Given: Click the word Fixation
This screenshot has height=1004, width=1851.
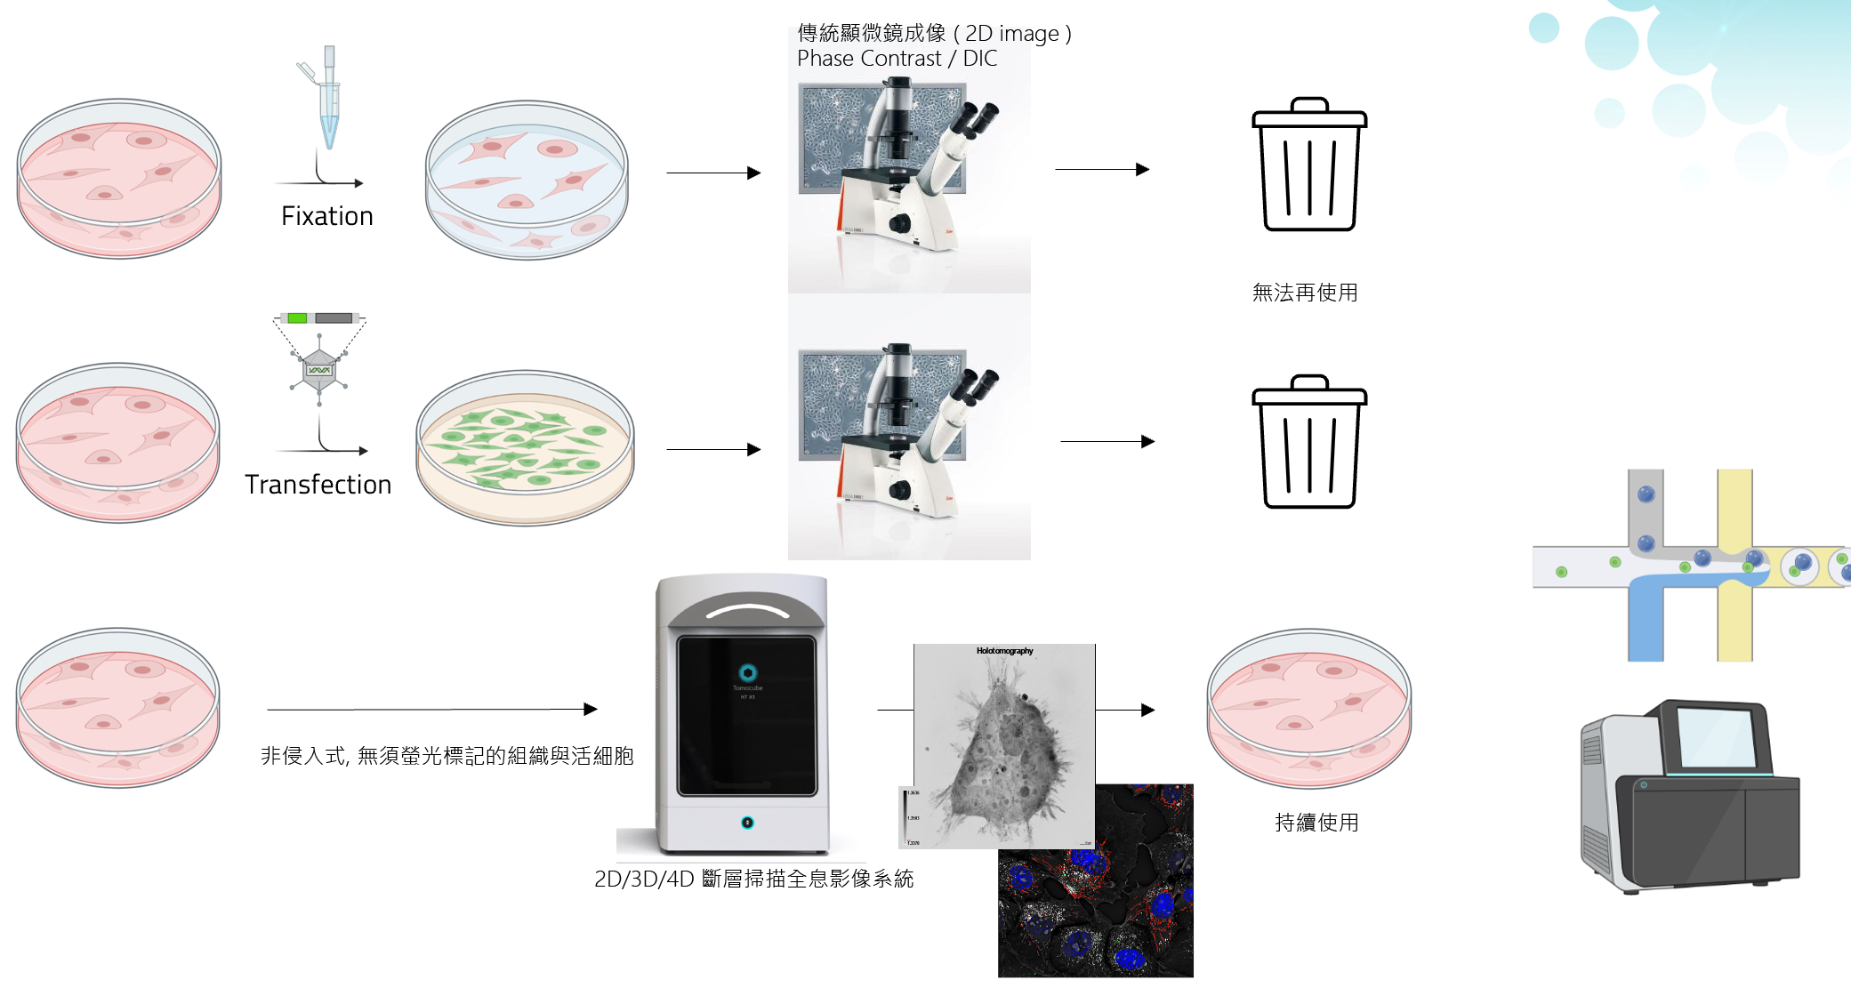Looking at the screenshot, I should (326, 216).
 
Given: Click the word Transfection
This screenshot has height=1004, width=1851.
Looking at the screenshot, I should (318, 485).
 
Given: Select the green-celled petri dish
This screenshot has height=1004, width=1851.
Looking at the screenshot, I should (525, 447).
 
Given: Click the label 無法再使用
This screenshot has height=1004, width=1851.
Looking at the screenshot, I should (1304, 293).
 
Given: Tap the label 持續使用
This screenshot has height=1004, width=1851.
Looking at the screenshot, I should (1316, 823).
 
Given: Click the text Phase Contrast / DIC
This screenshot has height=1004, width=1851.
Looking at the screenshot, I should (897, 59).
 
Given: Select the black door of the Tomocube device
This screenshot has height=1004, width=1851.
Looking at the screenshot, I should (746, 716).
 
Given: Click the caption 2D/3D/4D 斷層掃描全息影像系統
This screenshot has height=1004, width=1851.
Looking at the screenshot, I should (753, 879).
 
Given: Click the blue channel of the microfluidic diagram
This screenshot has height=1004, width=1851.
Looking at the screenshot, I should (1646, 622).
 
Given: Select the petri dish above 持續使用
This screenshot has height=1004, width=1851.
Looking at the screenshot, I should (1308, 708).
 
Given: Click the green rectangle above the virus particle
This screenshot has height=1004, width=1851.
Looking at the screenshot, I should (297, 318).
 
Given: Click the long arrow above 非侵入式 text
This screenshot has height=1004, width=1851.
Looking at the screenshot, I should (431, 710).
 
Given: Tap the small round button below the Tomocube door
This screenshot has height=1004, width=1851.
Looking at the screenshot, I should (747, 823).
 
